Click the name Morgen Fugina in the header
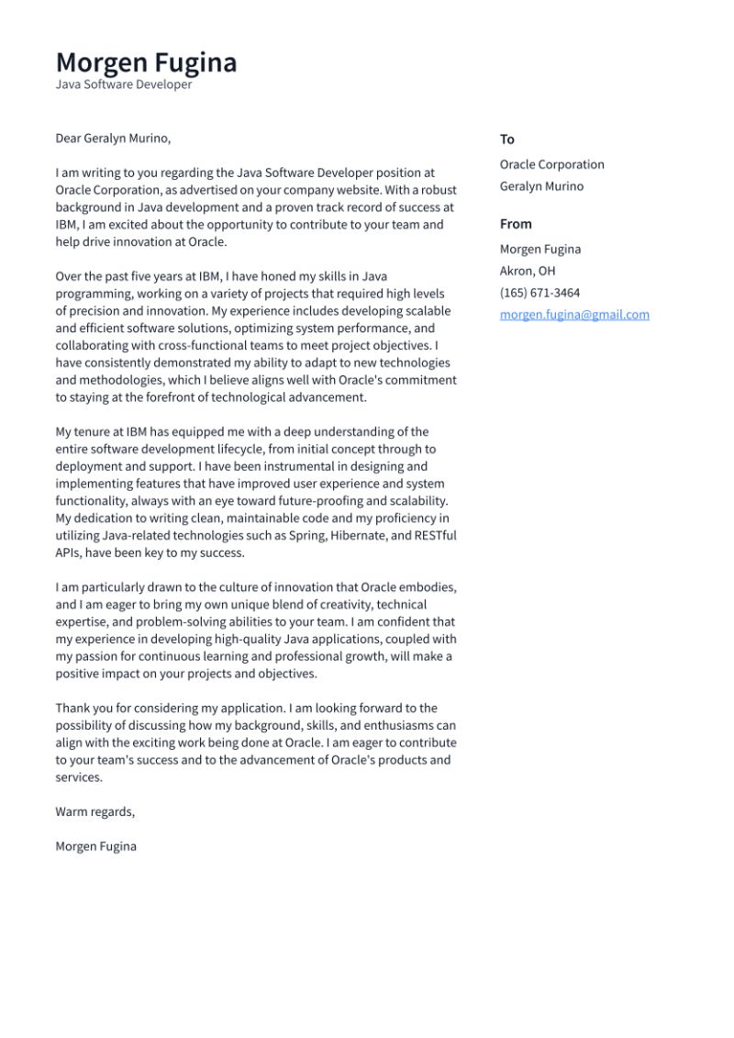[146, 62]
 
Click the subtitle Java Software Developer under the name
[124, 84]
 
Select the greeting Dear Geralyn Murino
[113, 139]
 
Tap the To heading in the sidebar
[506, 140]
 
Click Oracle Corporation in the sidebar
[551, 164]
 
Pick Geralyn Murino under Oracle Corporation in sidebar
[541, 186]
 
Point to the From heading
[516, 224]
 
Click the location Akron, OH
[528, 271]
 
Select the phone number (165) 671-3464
[539, 293]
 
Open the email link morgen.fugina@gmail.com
[574, 315]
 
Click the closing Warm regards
[95, 811]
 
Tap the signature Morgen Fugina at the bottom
[95, 846]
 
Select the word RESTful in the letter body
[434, 536]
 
